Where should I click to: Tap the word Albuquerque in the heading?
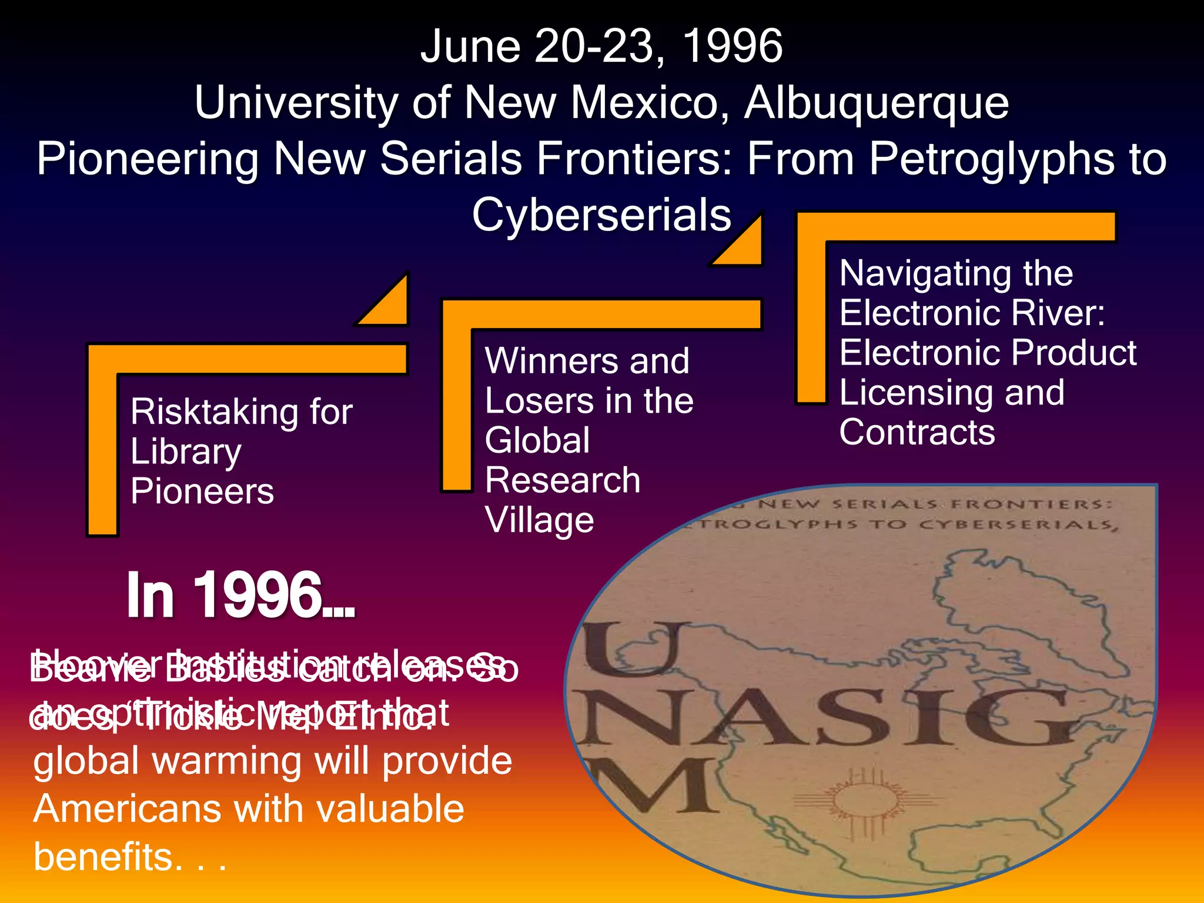click(x=877, y=102)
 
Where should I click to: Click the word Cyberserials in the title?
click(x=601, y=215)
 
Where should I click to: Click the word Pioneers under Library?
click(x=202, y=491)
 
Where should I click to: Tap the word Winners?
click(x=550, y=360)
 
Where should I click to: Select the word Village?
click(x=539, y=520)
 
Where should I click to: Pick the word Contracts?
click(x=917, y=433)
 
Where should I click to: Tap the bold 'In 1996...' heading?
click(x=240, y=596)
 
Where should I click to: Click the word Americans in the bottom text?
click(x=126, y=809)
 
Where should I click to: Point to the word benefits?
click(x=103, y=857)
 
